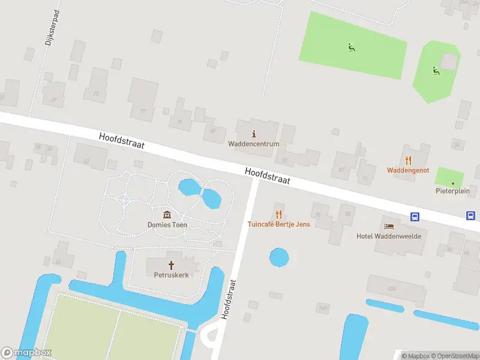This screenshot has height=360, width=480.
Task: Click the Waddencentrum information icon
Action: point(254,134)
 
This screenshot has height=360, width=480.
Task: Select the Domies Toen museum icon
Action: point(167,215)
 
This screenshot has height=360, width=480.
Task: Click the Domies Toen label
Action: point(167,225)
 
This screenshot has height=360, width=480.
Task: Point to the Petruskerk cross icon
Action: point(171,265)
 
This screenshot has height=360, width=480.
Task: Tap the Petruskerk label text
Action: point(171,275)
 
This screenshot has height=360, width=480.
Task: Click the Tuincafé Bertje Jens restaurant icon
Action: point(278,214)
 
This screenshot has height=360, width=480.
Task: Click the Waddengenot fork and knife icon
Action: point(409,160)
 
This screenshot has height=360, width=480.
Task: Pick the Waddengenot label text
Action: point(408,170)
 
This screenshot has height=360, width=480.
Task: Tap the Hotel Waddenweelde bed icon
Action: point(389,226)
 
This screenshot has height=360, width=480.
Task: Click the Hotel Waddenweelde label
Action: point(389,236)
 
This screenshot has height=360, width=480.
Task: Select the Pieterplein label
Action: point(452,191)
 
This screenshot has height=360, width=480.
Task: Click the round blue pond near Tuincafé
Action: point(279,258)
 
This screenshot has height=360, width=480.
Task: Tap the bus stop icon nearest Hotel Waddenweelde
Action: point(415,216)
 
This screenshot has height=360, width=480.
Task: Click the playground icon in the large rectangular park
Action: point(351,47)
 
